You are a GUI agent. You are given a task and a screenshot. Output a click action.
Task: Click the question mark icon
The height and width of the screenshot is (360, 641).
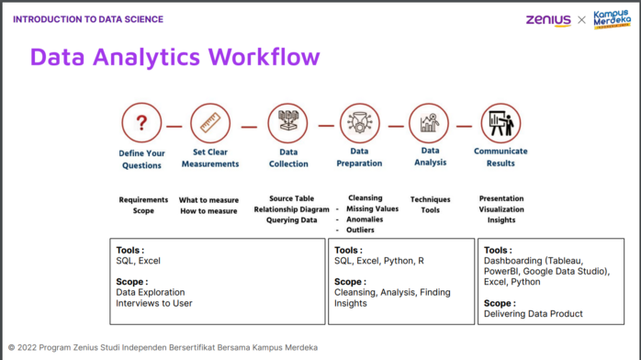pyautogui.click(x=141, y=122)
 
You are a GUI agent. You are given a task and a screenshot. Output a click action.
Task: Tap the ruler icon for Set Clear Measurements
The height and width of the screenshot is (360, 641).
pyautogui.click(x=210, y=122)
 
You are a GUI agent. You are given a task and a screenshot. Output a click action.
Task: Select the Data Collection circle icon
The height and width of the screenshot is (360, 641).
pyautogui.click(x=288, y=122)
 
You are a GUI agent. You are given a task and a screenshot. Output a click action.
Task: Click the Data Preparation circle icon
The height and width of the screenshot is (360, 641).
pyautogui.click(x=359, y=122)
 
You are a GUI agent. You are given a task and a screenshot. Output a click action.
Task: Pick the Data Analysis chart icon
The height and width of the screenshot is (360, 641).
pyautogui.click(x=430, y=122)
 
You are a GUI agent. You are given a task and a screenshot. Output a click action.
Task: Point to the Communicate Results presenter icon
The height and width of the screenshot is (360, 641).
pyautogui.click(x=500, y=122)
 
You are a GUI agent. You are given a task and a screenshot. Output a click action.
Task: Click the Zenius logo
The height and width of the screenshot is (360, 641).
pyautogui.click(x=547, y=19)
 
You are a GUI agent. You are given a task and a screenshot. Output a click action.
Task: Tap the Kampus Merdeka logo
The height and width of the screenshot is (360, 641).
pyautogui.click(x=612, y=18)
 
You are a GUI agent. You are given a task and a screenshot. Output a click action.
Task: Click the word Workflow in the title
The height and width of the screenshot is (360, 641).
pyautogui.click(x=264, y=57)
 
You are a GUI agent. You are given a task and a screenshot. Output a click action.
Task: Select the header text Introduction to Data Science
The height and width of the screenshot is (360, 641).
pyautogui.click(x=88, y=19)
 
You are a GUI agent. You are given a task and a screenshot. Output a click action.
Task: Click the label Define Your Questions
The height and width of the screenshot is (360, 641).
pyautogui.click(x=141, y=159)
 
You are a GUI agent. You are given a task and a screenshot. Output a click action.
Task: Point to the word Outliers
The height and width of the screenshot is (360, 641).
pyautogui.click(x=360, y=230)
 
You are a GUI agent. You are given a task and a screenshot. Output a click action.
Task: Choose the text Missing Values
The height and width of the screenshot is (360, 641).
pyautogui.click(x=372, y=208)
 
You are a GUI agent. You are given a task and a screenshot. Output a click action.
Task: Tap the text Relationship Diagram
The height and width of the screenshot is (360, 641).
pyautogui.click(x=291, y=209)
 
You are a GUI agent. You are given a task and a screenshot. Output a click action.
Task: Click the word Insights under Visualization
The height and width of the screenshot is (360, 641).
pyautogui.click(x=501, y=219)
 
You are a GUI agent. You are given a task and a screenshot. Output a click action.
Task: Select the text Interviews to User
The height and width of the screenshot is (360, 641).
pyautogui.click(x=154, y=303)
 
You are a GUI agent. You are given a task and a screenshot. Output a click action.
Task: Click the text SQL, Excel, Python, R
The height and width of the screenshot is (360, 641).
pyautogui.click(x=379, y=261)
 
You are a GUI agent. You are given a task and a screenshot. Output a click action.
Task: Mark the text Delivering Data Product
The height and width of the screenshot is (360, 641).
pyautogui.click(x=533, y=314)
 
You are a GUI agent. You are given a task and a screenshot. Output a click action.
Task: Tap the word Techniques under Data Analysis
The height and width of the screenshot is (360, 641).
pyautogui.click(x=431, y=198)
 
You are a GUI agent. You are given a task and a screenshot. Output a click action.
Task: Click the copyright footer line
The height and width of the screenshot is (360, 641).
pyautogui.click(x=163, y=348)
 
